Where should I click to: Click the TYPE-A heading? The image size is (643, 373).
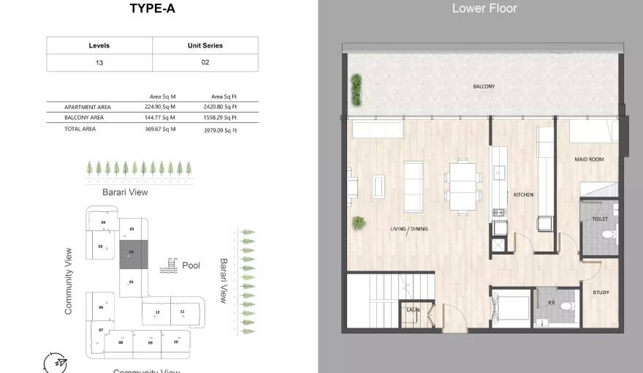[x=152, y=9]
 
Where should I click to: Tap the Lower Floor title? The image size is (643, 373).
[x=484, y=9]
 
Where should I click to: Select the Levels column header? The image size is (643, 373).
[x=99, y=45]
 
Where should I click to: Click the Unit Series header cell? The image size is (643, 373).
[x=205, y=45]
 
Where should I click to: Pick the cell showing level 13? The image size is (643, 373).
[x=99, y=63]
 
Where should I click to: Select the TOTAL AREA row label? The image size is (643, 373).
[x=80, y=129]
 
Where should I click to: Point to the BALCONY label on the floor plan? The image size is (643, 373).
[x=484, y=87]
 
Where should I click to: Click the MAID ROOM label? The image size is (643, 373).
[x=589, y=159]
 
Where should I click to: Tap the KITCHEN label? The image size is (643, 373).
[x=523, y=195]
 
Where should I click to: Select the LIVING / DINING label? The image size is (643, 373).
[x=409, y=230]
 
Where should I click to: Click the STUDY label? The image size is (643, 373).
[x=601, y=293]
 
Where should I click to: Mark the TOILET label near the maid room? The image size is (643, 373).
[x=600, y=219]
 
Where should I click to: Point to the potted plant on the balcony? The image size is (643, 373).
[x=356, y=88]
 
